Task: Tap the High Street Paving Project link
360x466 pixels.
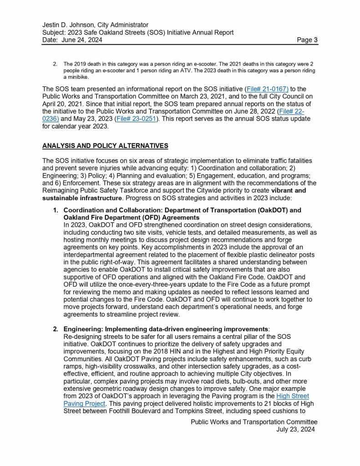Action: pos(292,396)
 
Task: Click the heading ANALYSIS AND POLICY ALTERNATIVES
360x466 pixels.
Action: pos(105,146)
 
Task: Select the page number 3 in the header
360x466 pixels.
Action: pos(315,40)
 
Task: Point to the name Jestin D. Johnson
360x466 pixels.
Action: pos(69,25)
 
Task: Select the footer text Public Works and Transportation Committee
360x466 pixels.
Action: pos(254,422)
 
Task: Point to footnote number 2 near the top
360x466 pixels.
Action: pos(56,64)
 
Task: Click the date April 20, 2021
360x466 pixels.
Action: pos(62,103)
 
